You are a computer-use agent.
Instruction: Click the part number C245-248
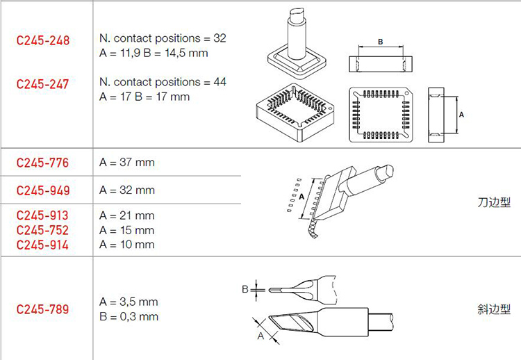(x=43, y=40)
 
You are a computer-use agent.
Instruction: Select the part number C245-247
(x=42, y=84)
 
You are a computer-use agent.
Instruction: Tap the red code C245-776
(x=42, y=163)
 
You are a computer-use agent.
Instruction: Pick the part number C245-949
(x=43, y=190)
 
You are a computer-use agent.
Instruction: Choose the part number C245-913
(x=42, y=215)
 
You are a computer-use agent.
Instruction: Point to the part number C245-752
(x=42, y=230)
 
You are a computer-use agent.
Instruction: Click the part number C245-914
(x=42, y=245)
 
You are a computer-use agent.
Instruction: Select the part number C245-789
(x=42, y=309)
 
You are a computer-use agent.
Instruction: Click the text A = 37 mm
(x=127, y=163)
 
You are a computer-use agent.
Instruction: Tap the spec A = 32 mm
(x=127, y=190)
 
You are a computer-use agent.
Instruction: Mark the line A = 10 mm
(x=127, y=245)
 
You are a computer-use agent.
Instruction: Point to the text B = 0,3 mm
(x=129, y=316)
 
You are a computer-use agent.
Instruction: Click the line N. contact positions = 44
(x=163, y=82)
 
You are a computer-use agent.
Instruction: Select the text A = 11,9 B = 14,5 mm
(x=154, y=54)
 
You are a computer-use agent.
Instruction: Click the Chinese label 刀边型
(x=494, y=202)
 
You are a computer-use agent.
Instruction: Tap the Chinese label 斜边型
(x=494, y=309)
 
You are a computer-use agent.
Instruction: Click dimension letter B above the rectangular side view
(x=381, y=42)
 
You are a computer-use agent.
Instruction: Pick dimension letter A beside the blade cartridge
(x=301, y=197)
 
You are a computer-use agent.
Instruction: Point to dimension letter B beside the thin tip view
(x=245, y=290)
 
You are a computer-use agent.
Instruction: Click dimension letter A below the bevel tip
(x=260, y=336)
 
